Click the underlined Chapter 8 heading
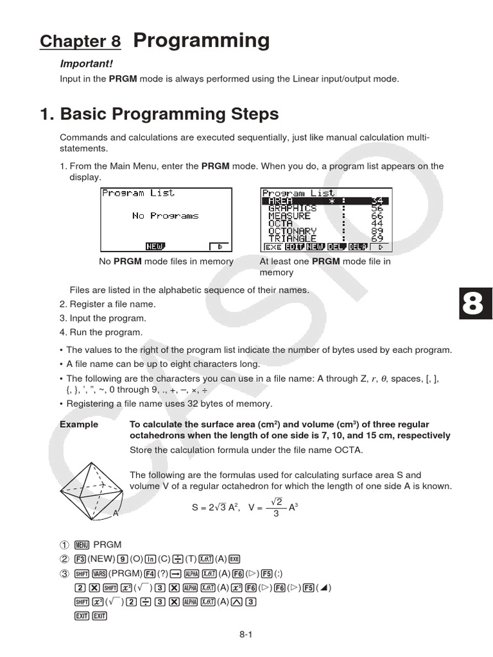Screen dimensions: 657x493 tap(80, 42)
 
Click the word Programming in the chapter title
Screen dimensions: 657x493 tap(201, 40)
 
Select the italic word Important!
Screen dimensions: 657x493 tap(86, 64)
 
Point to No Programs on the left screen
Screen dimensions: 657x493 tap(165, 216)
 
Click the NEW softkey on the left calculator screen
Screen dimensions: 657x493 tap(155, 246)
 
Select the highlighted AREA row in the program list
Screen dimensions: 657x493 tap(326, 201)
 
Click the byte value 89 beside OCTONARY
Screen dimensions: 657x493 tap(377, 230)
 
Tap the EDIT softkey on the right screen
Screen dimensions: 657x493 tap(295, 246)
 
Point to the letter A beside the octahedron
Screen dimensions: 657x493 tap(116, 513)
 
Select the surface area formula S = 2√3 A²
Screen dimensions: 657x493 tap(215, 508)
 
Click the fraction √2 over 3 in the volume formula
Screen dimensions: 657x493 tap(276, 507)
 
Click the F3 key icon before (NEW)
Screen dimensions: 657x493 tap(80, 558)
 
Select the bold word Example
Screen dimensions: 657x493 tap(79, 425)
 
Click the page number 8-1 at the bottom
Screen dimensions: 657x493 tap(246, 635)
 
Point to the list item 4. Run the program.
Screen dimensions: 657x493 tap(101, 332)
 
